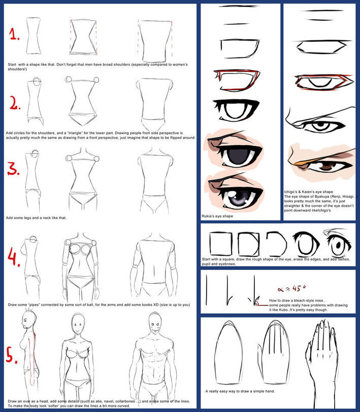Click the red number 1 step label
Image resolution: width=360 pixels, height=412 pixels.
(14, 34)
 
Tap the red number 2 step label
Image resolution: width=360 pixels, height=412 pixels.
(15, 103)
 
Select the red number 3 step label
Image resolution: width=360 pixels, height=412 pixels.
(13, 169)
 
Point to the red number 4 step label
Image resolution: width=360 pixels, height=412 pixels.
(14, 257)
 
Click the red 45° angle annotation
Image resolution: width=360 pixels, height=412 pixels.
(291, 289)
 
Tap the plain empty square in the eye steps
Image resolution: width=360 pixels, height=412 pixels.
(221, 244)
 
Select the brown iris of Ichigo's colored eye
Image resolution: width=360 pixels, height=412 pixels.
(326, 166)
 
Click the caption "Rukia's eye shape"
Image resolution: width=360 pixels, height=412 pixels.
(217, 216)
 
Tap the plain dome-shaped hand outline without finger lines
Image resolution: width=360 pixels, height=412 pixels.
(228, 353)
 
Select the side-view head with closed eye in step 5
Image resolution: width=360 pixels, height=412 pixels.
(28, 321)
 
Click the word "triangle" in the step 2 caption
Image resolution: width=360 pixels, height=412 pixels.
(75, 133)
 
